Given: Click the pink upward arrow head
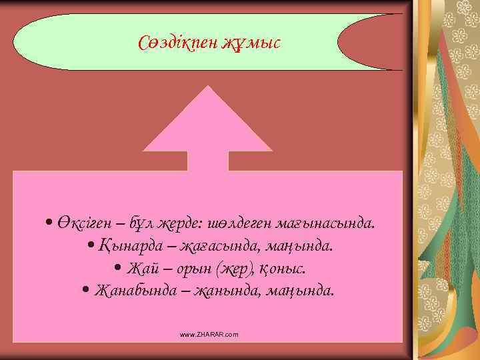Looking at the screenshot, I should [208, 123].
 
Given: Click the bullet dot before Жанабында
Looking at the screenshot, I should [86, 291].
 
